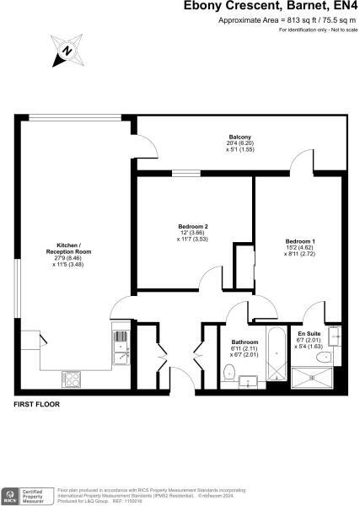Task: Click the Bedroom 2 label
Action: coord(193,226)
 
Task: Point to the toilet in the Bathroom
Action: coord(248,381)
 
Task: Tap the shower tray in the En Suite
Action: coord(314,377)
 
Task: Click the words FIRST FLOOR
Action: coord(36,405)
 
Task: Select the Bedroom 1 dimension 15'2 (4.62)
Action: coord(300,248)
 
